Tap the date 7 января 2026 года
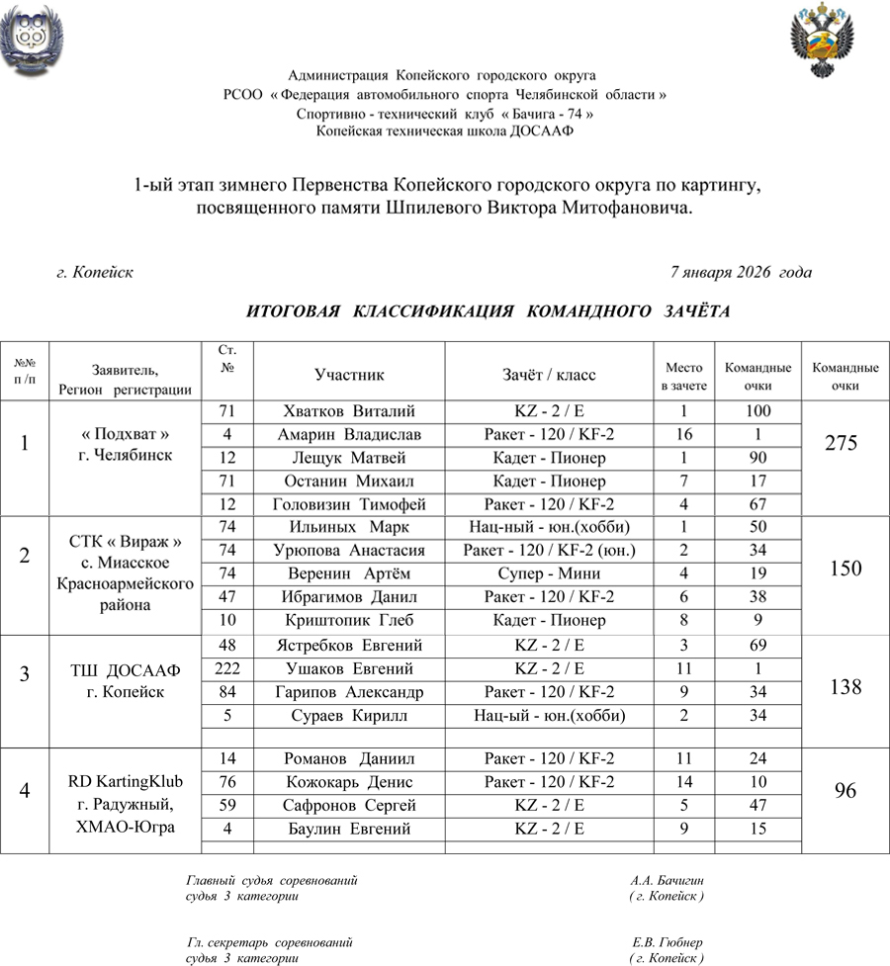tap(741, 272)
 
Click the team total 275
tap(845, 444)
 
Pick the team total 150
tap(845, 569)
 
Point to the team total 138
tap(845, 688)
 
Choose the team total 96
tap(845, 791)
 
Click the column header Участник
tap(349, 375)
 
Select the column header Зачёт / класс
tap(550, 375)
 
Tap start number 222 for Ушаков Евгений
tap(227, 668)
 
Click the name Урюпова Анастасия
tap(349, 551)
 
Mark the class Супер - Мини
tap(550, 574)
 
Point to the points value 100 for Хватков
tap(758, 411)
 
